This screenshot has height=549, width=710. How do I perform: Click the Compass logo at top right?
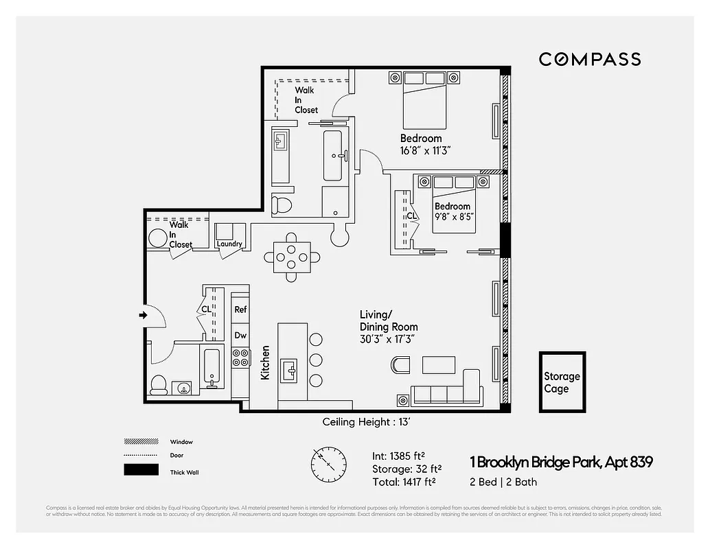tap(589, 59)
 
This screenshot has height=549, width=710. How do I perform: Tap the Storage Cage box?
tap(562, 382)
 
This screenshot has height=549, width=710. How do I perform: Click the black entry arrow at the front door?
tap(143, 315)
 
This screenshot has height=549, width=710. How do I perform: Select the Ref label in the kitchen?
tap(240, 309)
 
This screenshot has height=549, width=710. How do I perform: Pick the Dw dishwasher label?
tap(240, 336)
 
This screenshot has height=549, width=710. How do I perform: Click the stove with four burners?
tap(240, 358)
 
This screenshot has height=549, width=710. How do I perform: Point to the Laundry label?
tap(229, 244)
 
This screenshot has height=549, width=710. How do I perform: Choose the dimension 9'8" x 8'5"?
tap(453, 217)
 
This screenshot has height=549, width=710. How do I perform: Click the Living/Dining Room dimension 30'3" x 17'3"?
tap(389, 339)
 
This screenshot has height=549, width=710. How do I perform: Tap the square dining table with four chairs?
tap(292, 257)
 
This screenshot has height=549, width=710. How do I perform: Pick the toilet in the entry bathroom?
tap(159, 384)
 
